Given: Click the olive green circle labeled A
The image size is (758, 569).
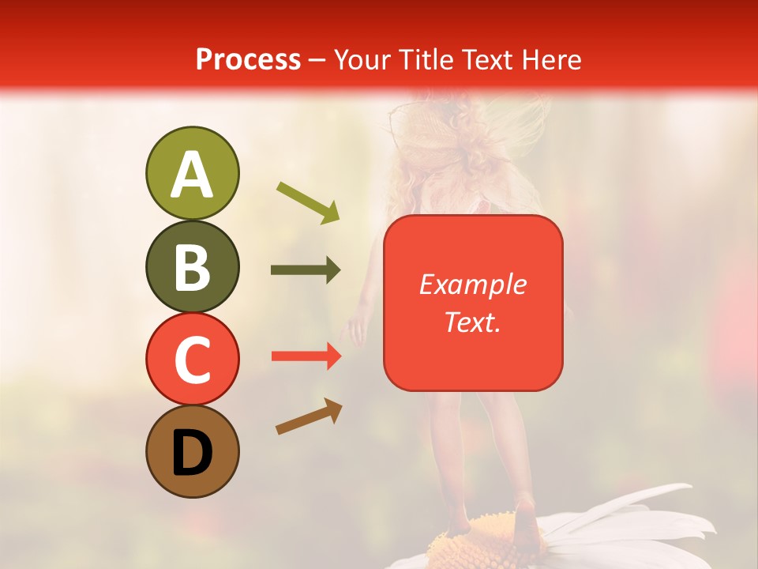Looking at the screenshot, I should coord(192,173).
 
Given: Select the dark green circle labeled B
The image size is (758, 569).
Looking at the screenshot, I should coord(192,266).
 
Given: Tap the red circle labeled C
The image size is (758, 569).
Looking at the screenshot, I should coord(192,359).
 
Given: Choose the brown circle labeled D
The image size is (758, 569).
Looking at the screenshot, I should coord(192,451).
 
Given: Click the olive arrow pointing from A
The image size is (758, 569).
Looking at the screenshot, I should coord(308,202).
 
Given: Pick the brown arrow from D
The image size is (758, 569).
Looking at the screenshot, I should coord(309,416).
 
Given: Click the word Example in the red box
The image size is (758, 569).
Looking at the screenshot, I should coord(472,284).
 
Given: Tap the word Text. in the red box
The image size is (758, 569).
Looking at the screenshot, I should coord(472,322).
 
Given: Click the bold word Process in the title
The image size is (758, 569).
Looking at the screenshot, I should coord(248,59).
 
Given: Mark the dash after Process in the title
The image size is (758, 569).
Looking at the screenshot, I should coord(317,60).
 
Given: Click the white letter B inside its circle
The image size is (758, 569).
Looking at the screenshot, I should coord(192,267).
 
